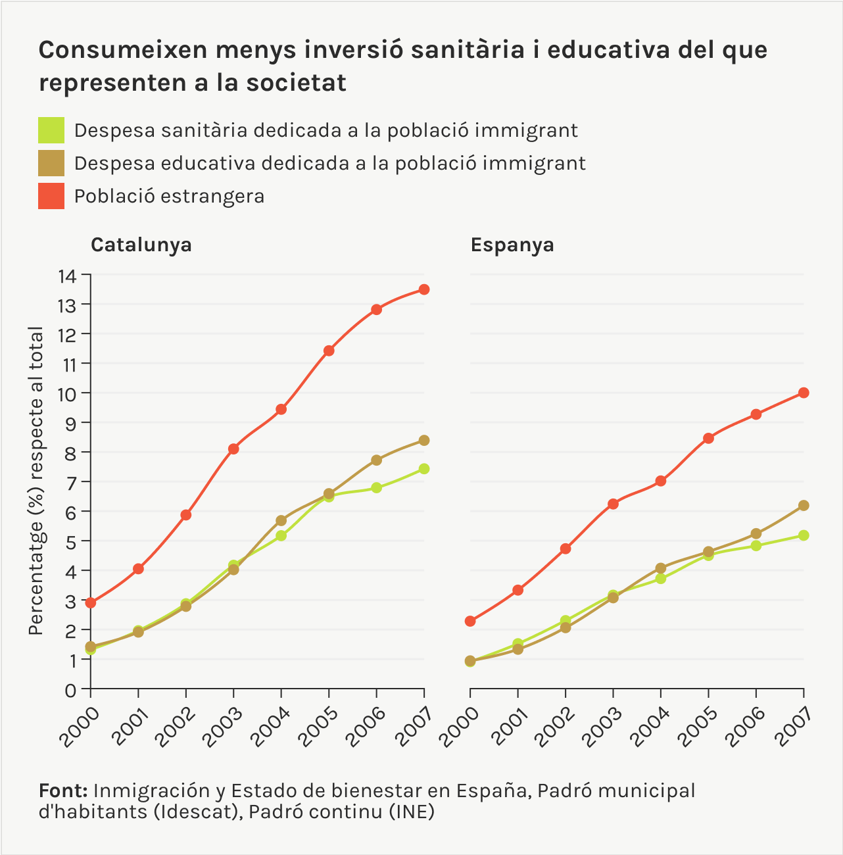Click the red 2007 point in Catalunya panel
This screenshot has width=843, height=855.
(x=424, y=289)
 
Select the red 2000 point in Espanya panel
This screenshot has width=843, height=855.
(x=470, y=621)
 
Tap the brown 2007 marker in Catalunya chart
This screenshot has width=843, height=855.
(x=424, y=440)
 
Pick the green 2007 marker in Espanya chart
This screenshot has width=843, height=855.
(x=804, y=535)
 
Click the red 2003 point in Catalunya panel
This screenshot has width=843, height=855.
(x=233, y=449)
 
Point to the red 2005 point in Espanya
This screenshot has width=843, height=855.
(x=708, y=438)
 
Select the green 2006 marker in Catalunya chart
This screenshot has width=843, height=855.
(x=376, y=487)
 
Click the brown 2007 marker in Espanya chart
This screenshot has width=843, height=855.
(x=804, y=505)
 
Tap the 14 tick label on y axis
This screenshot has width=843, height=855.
(x=68, y=276)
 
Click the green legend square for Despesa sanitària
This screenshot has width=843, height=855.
(x=51, y=130)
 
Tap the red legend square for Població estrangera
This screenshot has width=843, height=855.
(x=51, y=196)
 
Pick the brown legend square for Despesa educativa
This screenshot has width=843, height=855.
(x=51, y=163)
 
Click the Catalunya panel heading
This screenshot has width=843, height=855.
(x=141, y=245)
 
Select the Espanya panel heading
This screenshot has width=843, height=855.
(x=512, y=245)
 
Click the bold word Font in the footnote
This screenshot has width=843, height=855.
(x=63, y=791)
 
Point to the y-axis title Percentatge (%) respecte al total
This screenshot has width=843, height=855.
(x=36, y=481)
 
